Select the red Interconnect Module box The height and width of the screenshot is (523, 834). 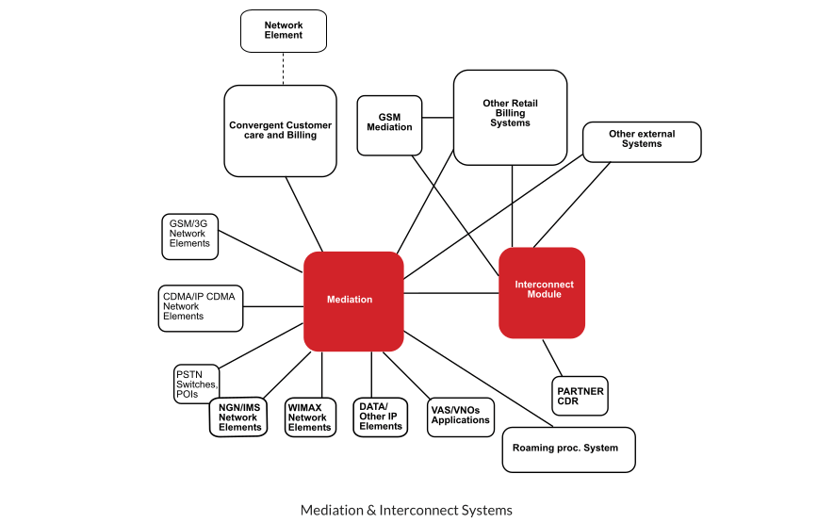[x=542, y=292]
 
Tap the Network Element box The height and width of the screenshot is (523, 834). [x=284, y=31]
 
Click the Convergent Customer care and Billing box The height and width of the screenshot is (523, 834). [x=280, y=131]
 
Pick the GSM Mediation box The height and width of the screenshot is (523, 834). [x=389, y=123]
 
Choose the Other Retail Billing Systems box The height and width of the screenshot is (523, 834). [x=510, y=117]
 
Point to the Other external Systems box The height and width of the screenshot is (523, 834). [x=642, y=141]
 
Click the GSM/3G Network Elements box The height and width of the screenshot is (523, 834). [x=190, y=236]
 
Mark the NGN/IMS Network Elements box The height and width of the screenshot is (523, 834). [x=238, y=417]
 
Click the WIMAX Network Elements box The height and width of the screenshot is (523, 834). [x=309, y=417]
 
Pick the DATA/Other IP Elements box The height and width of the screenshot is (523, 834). [x=381, y=417]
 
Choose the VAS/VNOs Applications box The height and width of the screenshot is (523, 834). [x=460, y=415]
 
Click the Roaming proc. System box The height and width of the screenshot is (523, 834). [x=568, y=449]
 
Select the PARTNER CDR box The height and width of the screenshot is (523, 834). [x=580, y=396]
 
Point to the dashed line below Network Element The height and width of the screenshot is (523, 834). [x=284, y=68]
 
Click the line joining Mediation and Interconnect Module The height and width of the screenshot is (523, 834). [x=450, y=294]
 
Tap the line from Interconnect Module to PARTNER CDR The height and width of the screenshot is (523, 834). [x=553, y=357]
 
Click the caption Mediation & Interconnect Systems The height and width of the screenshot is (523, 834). [x=406, y=510]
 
